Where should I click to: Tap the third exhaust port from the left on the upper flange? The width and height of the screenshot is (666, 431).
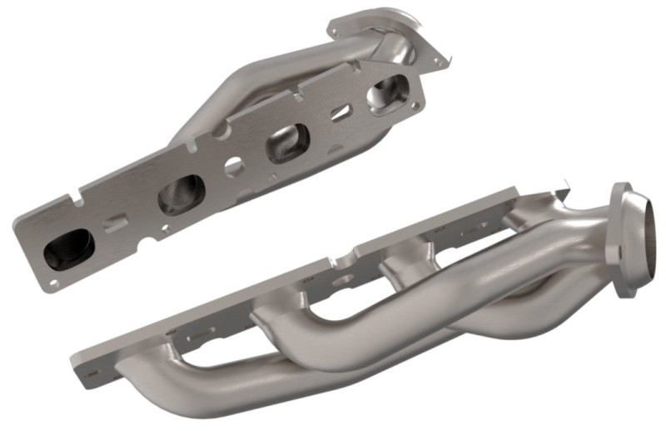(x=288, y=143)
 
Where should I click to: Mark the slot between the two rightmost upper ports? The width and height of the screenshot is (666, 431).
(x=339, y=114)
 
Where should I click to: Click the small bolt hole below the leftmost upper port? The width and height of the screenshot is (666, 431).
(x=53, y=283)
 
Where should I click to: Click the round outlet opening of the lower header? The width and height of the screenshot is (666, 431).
(x=640, y=242)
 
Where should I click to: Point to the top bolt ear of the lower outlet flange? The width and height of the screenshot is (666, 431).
(x=620, y=191)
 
